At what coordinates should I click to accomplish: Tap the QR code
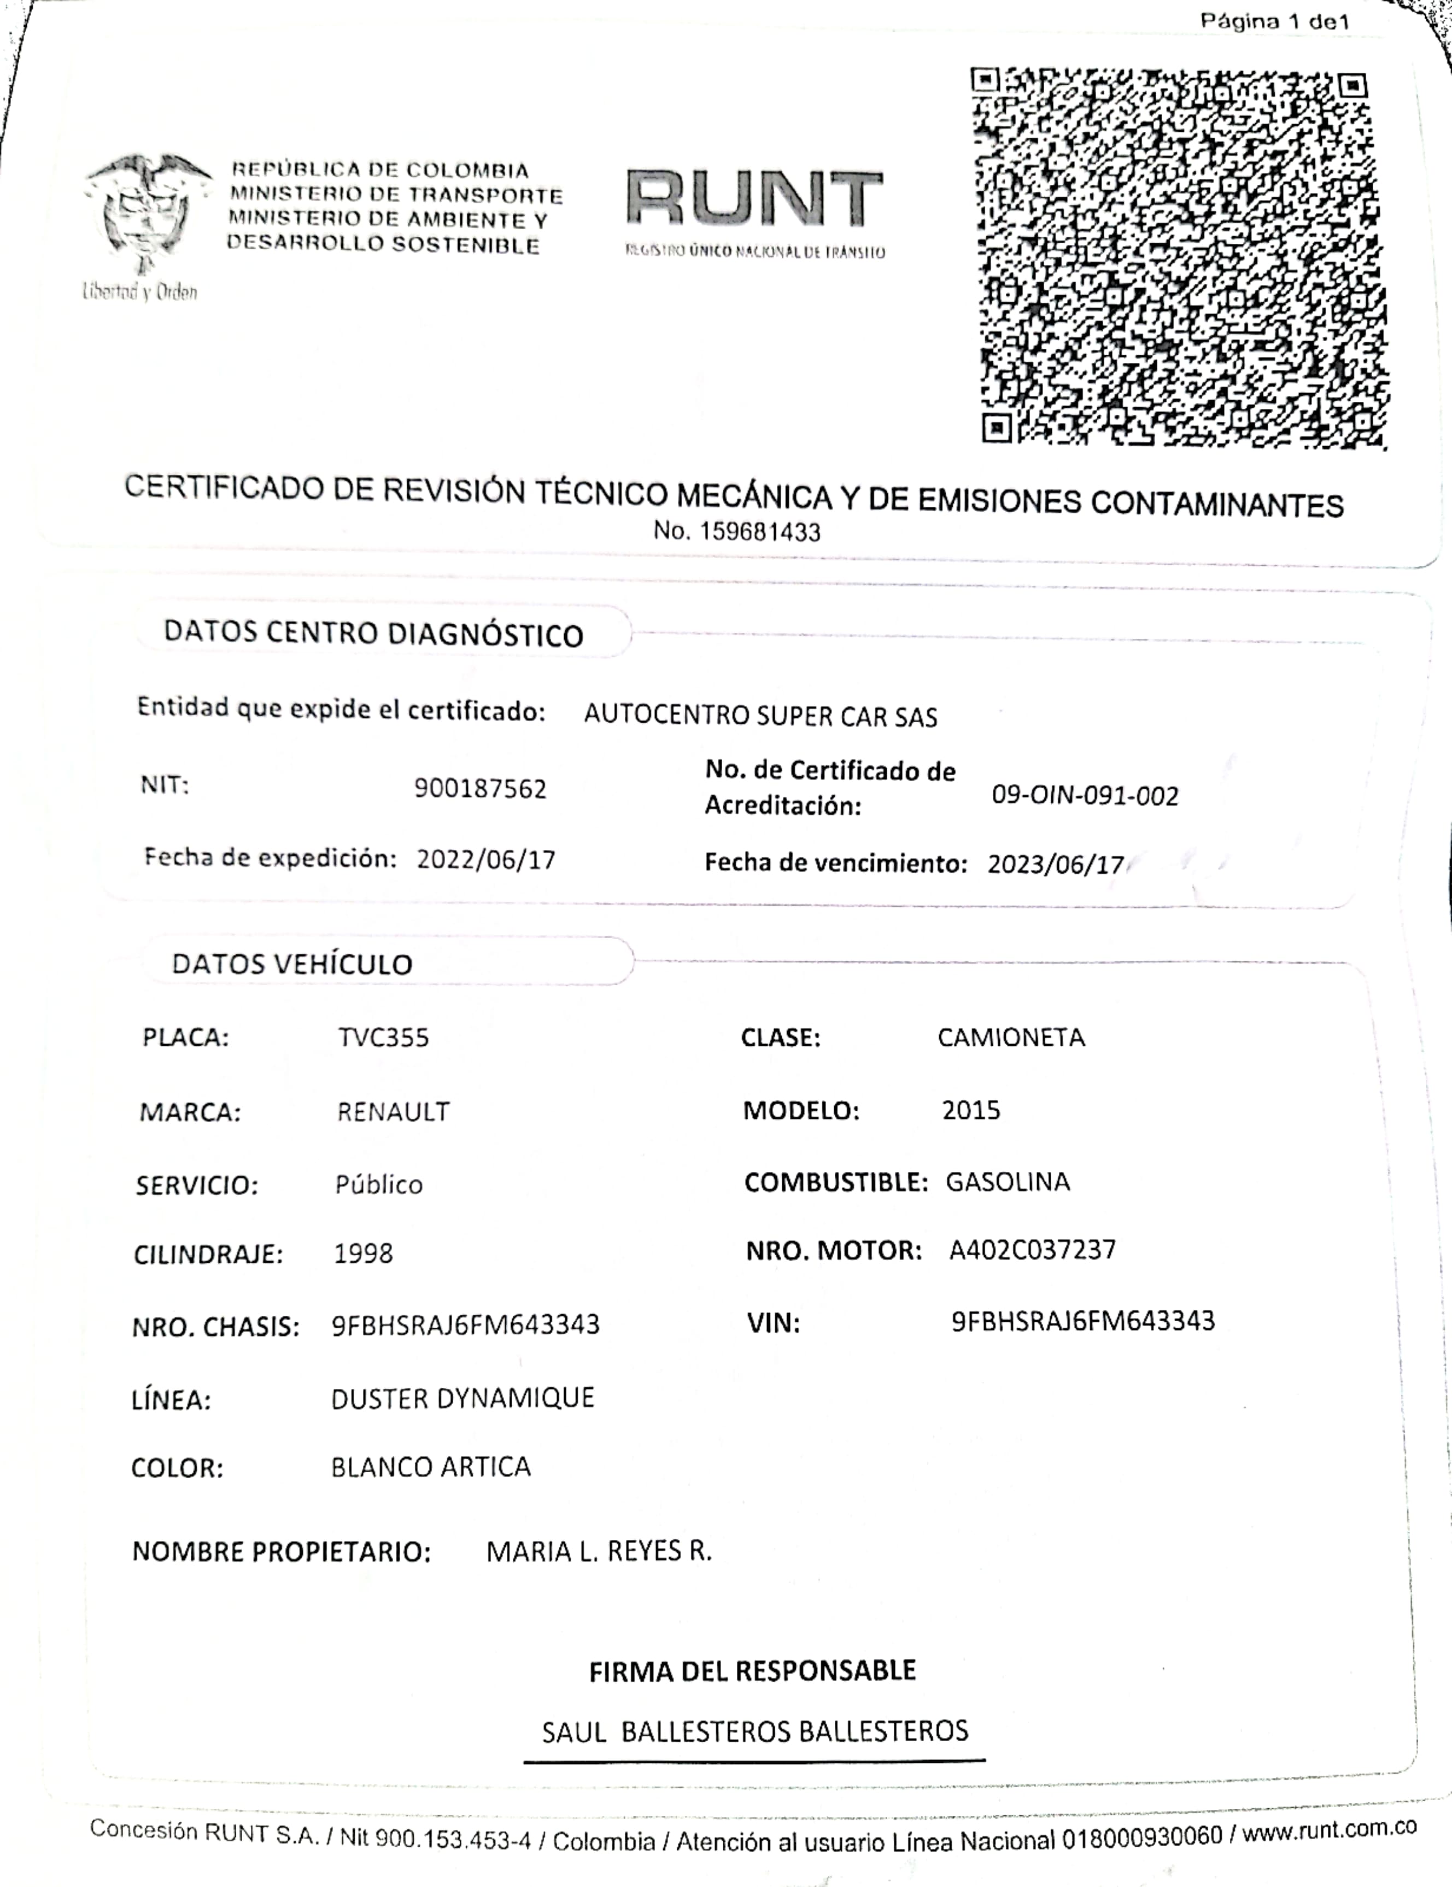pos(1180,257)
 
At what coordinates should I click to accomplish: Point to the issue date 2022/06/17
pos(485,860)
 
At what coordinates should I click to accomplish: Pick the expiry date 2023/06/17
pos(1055,864)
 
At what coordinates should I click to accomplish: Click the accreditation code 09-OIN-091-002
pos(1085,795)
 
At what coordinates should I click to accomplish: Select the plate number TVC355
pos(383,1037)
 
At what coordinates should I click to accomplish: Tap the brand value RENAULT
pos(393,1111)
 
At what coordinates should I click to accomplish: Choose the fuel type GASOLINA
pos(1007,1181)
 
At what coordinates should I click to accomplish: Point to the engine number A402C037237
pos(1032,1250)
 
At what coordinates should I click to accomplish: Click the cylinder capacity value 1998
pos(363,1253)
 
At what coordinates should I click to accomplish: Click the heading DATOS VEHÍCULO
pos(292,963)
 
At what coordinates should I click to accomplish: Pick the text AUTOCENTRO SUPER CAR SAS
pos(760,716)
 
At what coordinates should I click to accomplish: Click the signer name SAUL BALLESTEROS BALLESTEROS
pos(754,1731)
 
